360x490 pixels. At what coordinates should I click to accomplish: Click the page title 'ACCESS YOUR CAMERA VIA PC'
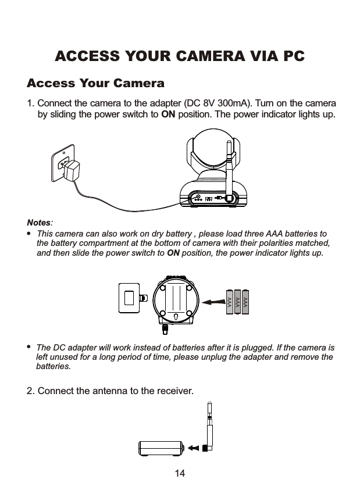point(180,56)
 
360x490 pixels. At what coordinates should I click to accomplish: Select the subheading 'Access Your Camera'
point(96,83)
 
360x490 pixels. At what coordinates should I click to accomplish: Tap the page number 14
point(180,474)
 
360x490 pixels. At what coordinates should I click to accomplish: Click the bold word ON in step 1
point(168,113)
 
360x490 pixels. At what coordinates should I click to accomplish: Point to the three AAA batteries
point(237,301)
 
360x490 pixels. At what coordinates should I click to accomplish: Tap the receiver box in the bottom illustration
point(161,448)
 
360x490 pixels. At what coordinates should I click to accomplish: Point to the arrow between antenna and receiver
point(194,448)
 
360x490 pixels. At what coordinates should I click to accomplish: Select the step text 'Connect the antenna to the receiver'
point(115,389)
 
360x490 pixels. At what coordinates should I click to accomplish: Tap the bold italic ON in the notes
point(173,253)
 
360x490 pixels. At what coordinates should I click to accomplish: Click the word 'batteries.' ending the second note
point(54,367)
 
